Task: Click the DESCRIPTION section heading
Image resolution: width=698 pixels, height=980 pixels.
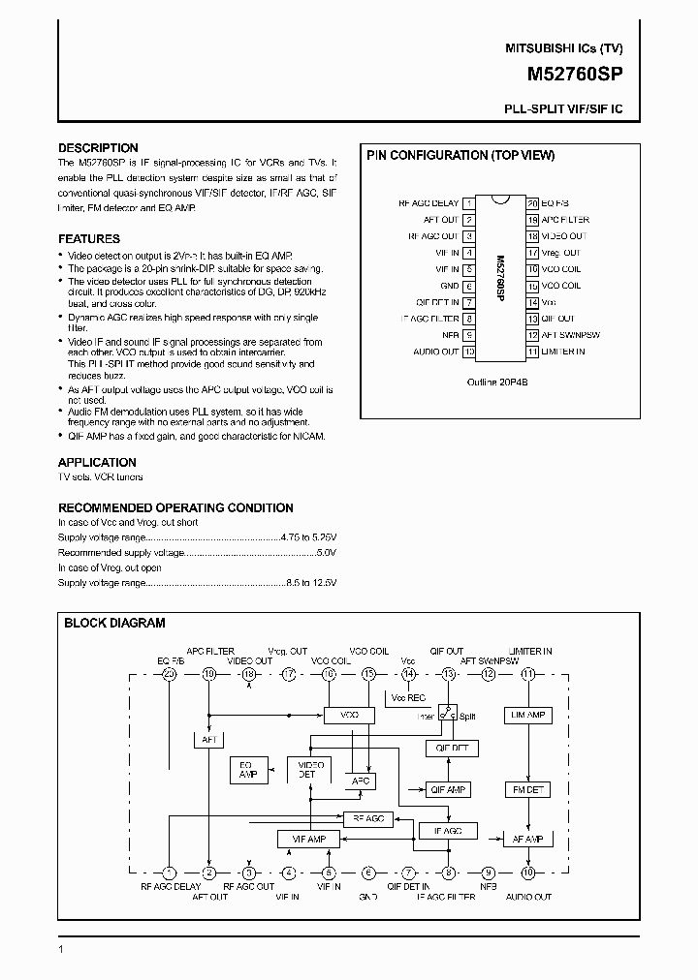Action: pyautogui.click(x=98, y=148)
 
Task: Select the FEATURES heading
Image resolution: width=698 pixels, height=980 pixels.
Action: pyautogui.click(x=89, y=238)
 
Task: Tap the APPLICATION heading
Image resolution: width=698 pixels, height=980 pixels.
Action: pyautogui.click(x=97, y=462)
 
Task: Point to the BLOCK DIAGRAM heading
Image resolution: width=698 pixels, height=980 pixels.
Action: pyautogui.click(x=114, y=624)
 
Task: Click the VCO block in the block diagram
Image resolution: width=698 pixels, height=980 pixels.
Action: pyautogui.click(x=349, y=715)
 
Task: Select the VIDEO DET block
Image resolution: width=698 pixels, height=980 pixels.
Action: pyautogui.click(x=307, y=770)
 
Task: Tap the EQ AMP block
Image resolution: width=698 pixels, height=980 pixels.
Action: pyautogui.click(x=247, y=771)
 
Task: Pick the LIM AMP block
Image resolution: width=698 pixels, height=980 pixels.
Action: pyautogui.click(x=527, y=715)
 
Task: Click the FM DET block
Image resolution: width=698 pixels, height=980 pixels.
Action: pyautogui.click(x=527, y=790)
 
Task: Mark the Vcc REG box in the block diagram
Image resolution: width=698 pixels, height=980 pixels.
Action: pyautogui.click(x=408, y=697)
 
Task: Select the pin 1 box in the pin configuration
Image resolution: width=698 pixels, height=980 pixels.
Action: pyautogui.click(x=469, y=203)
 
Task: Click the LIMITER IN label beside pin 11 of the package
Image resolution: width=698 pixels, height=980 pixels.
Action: pyautogui.click(x=563, y=352)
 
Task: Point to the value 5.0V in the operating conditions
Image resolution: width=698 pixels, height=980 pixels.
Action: pyautogui.click(x=327, y=551)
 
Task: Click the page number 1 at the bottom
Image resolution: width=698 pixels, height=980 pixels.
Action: pyautogui.click(x=61, y=950)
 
